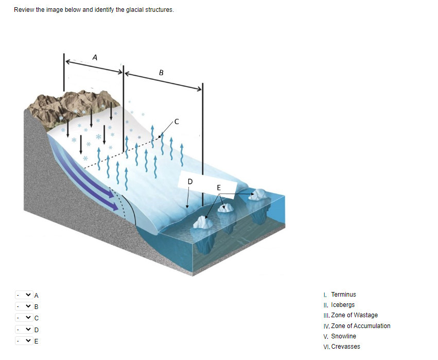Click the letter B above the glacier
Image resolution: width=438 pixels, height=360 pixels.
(x=162, y=73)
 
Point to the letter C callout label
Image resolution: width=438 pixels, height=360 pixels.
(x=177, y=122)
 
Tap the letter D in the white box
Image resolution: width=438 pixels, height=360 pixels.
(x=189, y=181)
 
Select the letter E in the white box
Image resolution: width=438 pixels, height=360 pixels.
(x=219, y=187)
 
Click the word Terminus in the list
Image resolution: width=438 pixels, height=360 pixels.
(x=343, y=295)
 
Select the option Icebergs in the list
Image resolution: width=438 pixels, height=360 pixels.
(x=343, y=305)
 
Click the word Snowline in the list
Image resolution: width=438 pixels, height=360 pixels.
(x=343, y=336)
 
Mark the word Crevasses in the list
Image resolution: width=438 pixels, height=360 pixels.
(x=346, y=347)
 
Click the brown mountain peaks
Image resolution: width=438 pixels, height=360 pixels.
(x=67, y=105)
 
